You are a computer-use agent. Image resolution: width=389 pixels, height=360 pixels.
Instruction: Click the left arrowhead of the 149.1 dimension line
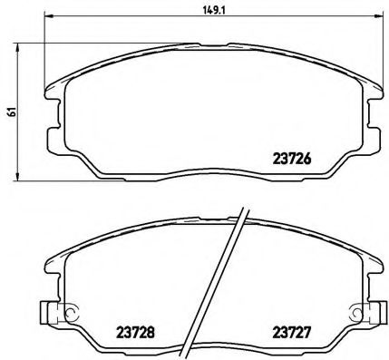point(48,16)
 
